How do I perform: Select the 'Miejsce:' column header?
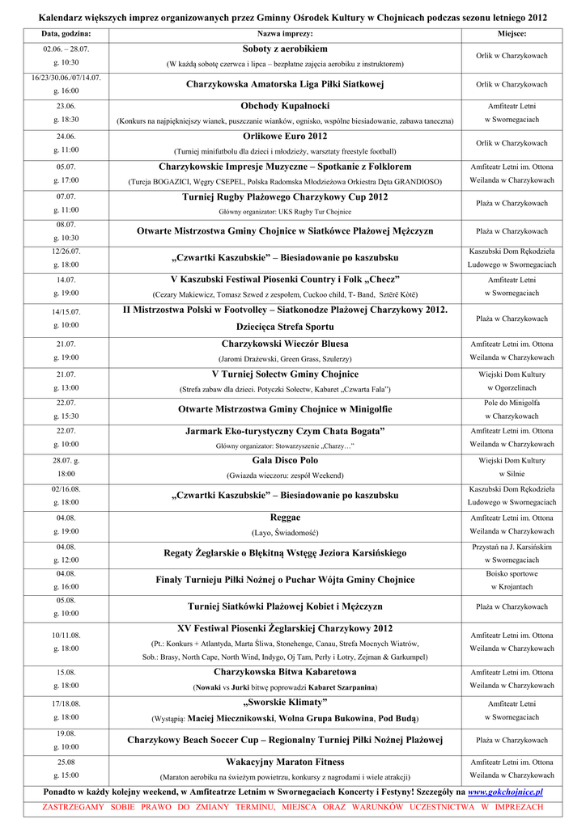pos(512,34)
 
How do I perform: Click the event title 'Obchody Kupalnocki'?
pos(285,106)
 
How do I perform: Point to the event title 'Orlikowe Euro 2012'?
pos(285,136)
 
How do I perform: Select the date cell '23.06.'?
pos(66,106)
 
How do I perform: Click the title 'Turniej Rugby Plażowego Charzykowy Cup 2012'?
pos(285,196)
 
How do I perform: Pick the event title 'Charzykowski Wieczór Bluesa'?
pos(285,344)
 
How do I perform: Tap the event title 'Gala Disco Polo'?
pos(285,460)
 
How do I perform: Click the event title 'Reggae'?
pos(285,517)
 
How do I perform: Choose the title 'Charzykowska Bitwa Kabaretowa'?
pos(285,672)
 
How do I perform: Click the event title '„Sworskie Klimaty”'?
pos(285,702)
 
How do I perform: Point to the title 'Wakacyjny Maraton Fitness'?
pos(285,762)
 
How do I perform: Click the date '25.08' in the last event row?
pos(66,762)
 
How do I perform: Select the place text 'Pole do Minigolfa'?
pos(512,402)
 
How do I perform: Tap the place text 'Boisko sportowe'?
pos(512,573)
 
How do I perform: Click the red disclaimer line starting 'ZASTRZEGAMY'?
pos(293,808)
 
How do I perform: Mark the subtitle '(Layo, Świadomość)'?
pos(285,533)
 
